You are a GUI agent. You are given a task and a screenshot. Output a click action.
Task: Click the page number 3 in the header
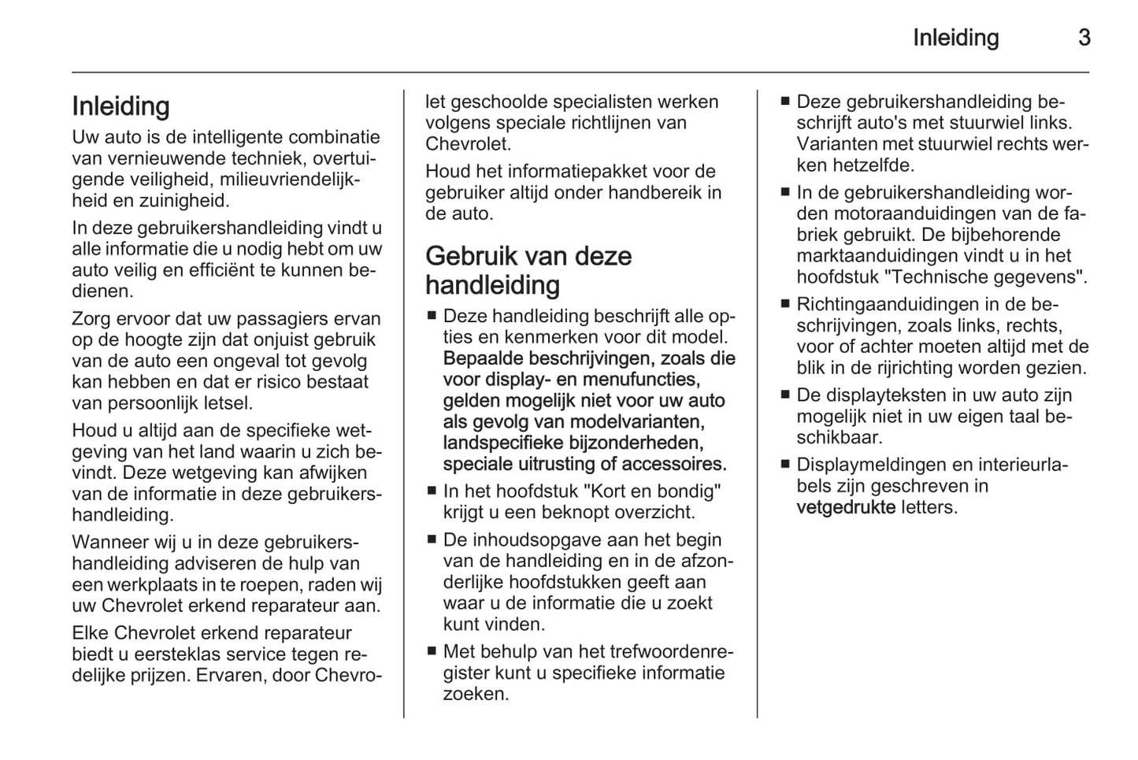(1084, 38)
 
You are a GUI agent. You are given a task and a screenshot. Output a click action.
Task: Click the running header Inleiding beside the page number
(955, 38)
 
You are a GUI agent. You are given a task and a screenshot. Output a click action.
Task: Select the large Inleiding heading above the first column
(120, 106)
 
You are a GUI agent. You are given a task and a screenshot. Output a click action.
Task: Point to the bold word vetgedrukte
(845, 507)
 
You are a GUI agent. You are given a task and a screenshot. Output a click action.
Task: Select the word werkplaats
(146, 585)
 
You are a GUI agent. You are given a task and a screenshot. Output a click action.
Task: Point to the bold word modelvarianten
(639, 422)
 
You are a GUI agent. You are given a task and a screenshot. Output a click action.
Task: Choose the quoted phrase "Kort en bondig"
(651, 491)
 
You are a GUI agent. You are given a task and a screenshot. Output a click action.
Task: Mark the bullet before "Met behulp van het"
(431, 652)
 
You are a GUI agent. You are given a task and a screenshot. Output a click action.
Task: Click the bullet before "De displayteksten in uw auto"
(784, 395)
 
